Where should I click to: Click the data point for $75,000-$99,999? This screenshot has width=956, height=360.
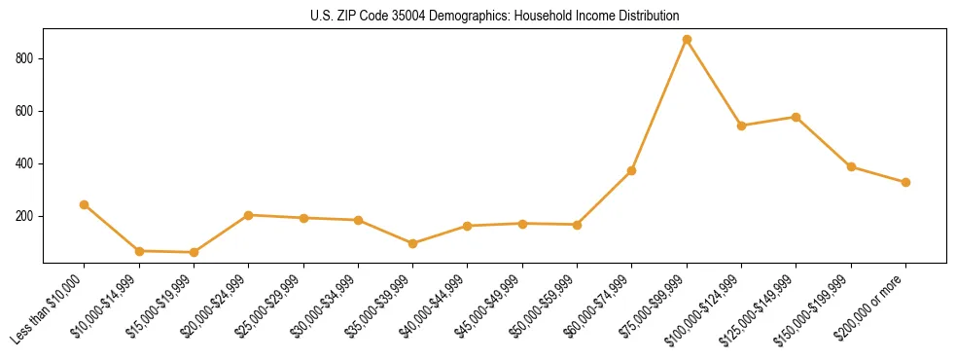tap(687, 40)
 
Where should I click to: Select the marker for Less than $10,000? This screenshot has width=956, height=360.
tap(84, 204)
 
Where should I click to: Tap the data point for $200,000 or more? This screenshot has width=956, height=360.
tap(905, 182)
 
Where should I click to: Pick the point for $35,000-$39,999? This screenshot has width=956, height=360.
tap(412, 243)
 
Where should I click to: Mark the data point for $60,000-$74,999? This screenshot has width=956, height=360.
tap(632, 170)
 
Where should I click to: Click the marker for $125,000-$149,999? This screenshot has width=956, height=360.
tap(796, 117)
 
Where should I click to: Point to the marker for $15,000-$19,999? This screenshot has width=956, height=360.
tap(194, 252)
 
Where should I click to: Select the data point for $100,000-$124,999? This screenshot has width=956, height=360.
tap(741, 126)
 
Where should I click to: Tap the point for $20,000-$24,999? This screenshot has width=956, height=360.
tap(248, 215)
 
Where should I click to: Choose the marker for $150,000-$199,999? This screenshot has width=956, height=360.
tap(851, 166)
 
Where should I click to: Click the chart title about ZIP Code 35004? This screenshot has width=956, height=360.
tap(495, 17)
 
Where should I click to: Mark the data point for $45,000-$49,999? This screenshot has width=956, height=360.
tap(522, 224)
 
